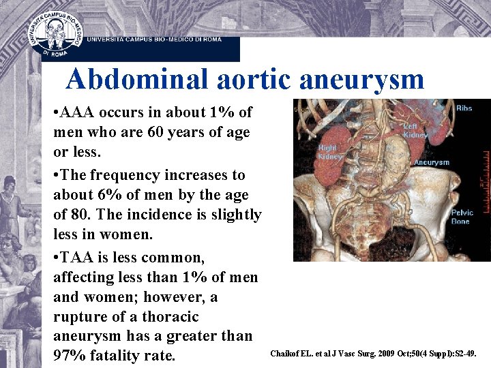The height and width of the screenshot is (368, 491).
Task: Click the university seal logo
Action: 56,32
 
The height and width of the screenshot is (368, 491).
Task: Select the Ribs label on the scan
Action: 464,108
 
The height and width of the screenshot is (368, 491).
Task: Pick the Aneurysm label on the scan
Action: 431,163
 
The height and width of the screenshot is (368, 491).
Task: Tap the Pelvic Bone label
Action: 462,217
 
